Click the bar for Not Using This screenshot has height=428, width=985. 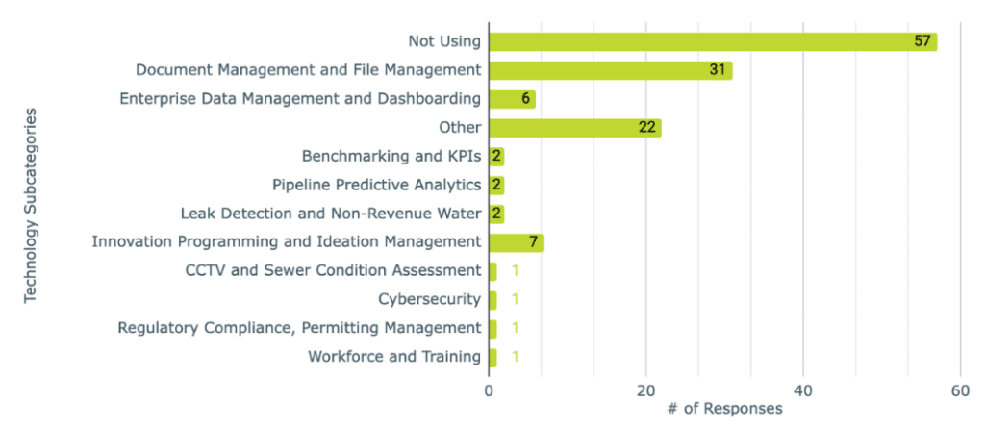pos(712,41)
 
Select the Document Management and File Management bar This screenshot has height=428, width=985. pos(610,70)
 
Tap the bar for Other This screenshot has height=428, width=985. pos(574,128)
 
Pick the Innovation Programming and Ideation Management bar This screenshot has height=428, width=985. pos(516,242)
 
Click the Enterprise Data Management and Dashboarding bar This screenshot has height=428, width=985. pos(512,99)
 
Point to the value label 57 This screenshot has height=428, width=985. pos(923,41)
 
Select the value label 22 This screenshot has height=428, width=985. pos(647,128)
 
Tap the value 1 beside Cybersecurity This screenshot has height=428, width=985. pos(516,299)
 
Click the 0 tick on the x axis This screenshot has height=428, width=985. pos(489,390)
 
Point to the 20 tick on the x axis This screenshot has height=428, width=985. pos(645,390)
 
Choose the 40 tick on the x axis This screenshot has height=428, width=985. pos(802,390)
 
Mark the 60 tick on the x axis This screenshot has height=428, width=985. pos(959,390)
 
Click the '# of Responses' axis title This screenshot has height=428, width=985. pos(724,409)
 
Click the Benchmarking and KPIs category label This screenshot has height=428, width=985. pos(391,156)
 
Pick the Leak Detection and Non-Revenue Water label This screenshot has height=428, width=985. pos(330,214)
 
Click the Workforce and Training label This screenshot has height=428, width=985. pos(393,357)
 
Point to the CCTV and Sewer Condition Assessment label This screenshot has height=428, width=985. pos(332,270)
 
